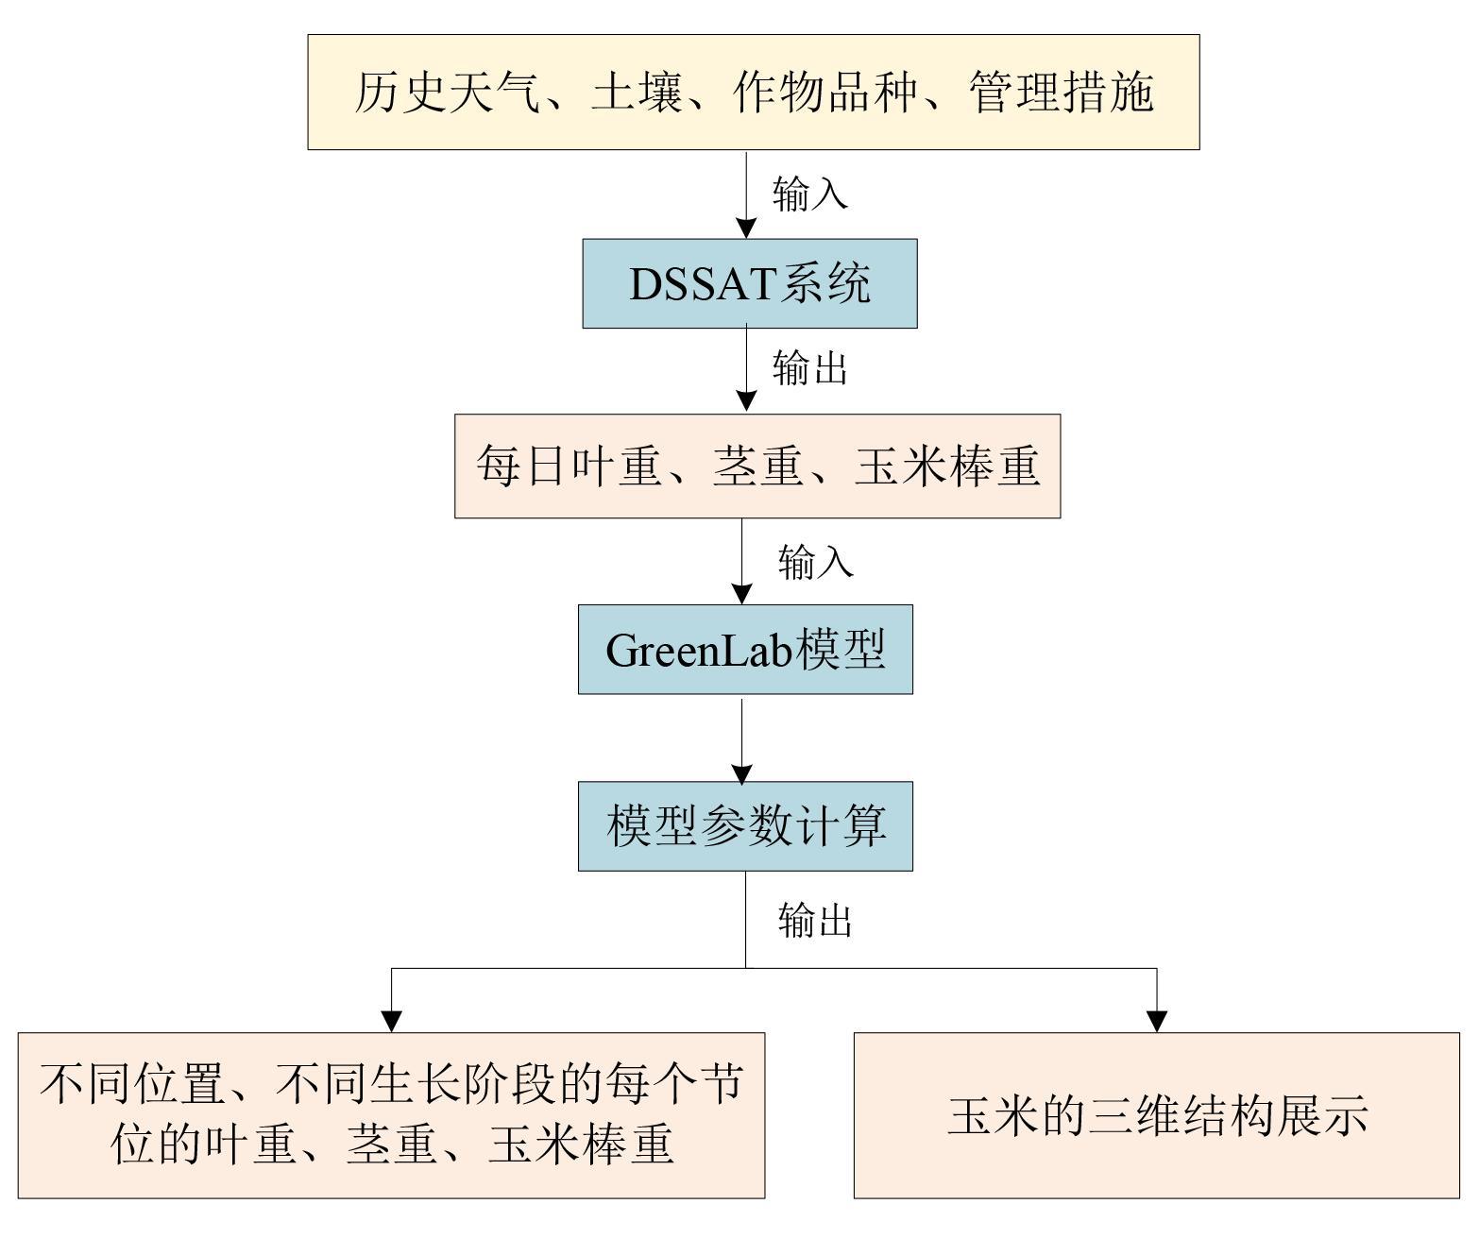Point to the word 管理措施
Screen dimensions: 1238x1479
1062,93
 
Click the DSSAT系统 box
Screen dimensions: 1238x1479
749,283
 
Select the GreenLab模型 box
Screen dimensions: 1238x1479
745,650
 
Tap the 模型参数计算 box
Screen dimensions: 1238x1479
745,825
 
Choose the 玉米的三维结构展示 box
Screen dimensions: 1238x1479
1156,1115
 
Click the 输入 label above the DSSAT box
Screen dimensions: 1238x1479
810,194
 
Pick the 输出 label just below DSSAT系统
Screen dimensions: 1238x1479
810,368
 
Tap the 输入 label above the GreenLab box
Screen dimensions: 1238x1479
815,563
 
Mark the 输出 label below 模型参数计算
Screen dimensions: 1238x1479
815,920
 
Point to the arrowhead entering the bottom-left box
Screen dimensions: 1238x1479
392,1021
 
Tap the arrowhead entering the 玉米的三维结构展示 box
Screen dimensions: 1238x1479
1157,1021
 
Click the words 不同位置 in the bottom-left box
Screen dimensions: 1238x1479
134,1085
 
